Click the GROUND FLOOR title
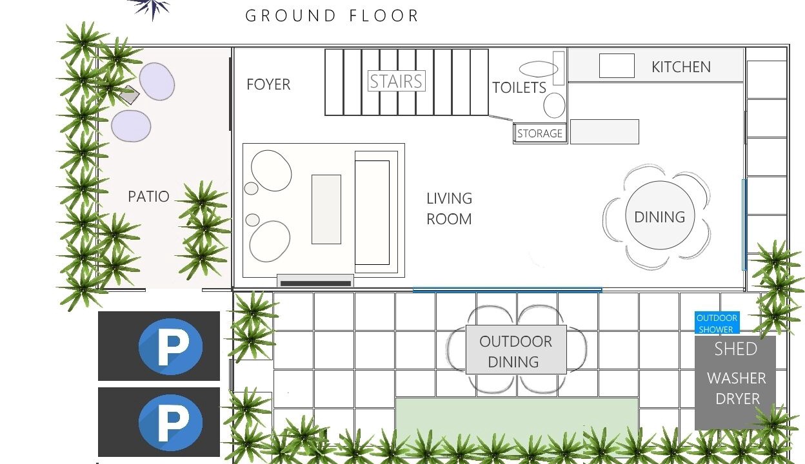pyautogui.click(x=332, y=16)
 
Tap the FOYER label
pyautogui.click(x=268, y=84)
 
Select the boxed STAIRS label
pyautogui.click(x=397, y=81)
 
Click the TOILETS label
pyautogui.click(x=519, y=88)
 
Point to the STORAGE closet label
pyautogui.click(x=540, y=133)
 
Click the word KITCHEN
pyautogui.click(x=681, y=67)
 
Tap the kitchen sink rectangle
pyautogui.click(x=617, y=66)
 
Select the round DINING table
pyautogui.click(x=660, y=215)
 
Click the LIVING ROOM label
pyautogui.click(x=449, y=209)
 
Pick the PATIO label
pyautogui.click(x=148, y=197)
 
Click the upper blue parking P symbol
pyautogui.click(x=170, y=347)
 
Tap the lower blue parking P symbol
pyautogui.click(x=170, y=423)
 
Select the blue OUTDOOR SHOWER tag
pyautogui.click(x=717, y=323)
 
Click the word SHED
pyautogui.click(x=735, y=349)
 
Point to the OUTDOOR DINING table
pyautogui.click(x=516, y=350)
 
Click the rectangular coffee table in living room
pyautogui.click(x=326, y=209)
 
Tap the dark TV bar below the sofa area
pyautogui.click(x=315, y=284)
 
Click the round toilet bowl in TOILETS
pyautogui.click(x=554, y=105)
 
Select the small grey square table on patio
pyautogui.click(x=129, y=95)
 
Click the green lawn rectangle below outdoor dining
pyautogui.click(x=517, y=425)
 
